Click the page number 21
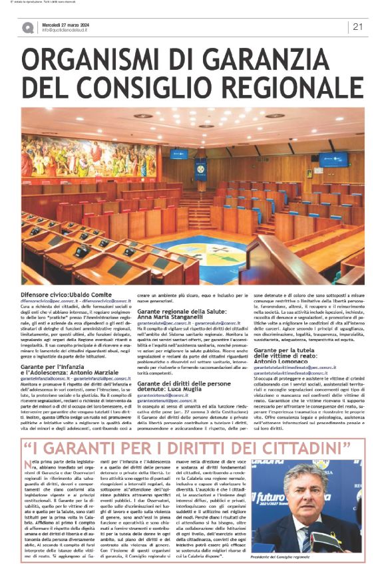coord(357,27)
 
